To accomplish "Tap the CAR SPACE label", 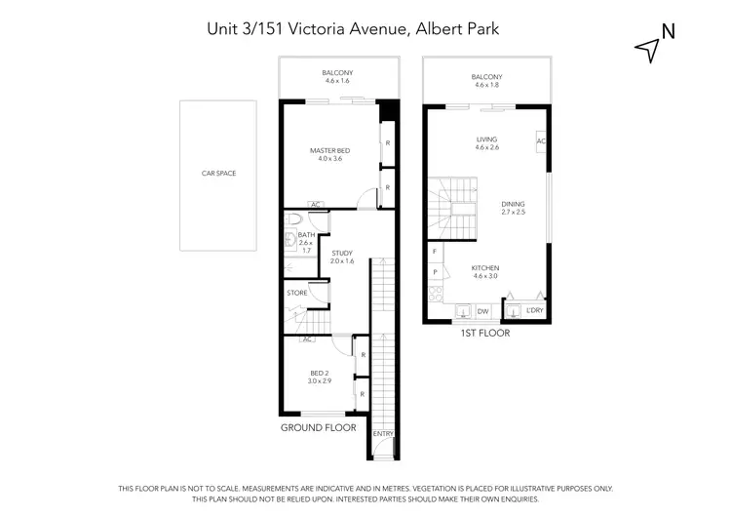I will pos(218,174).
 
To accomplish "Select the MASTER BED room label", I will pos(329,150).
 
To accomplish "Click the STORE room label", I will pos(297,293).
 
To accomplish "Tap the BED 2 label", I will pos(319,373).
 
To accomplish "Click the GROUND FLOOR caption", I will pos(318,427).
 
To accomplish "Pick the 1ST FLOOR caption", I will pos(484,333).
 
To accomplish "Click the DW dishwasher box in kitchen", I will pos(481,311).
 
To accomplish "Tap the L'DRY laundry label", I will pos(533,311).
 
